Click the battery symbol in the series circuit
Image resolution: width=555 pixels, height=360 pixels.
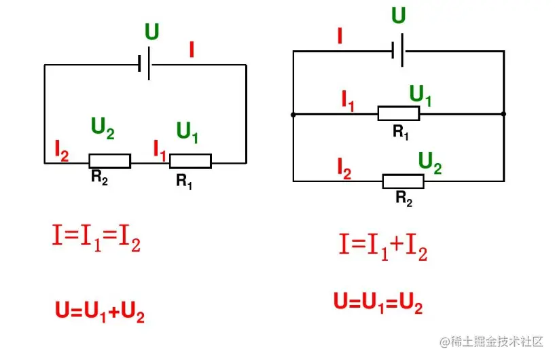pyautogui.click(x=145, y=65)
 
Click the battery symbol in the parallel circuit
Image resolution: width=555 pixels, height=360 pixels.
pyautogui.click(x=398, y=51)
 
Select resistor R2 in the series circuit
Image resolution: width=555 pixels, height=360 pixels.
pyautogui.click(x=109, y=161)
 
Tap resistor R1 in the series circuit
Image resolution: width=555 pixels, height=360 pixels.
pyautogui.click(x=190, y=161)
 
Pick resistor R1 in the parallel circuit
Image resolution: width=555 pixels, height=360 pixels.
pyautogui.click(x=399, y=113)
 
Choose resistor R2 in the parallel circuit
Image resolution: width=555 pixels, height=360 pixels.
pyautogui.click(x=403, y=181)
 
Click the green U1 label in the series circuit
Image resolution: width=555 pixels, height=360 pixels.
pyautogui.click(x=187, y=131)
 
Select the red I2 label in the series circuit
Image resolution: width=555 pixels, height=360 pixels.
pyautogui.click(x=61, y=151)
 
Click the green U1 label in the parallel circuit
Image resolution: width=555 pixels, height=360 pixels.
pyautogui.click(x=420, y=96)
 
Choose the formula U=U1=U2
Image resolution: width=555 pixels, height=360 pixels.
pyautogui.click(x=378, y=303)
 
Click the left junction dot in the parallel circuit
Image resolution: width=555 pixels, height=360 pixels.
pyautogui.click(x=293, y=115)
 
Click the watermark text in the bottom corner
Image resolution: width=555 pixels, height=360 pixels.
pyautogui.click(x=492, y=341)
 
